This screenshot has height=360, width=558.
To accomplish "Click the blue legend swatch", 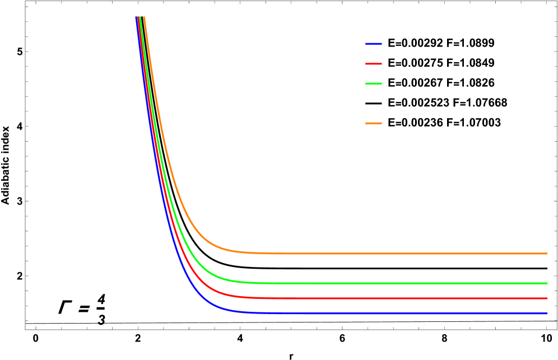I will [374, 44].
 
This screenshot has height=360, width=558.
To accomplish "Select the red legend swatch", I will [374, 64].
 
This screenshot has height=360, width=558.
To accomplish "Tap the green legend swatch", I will [374, 83].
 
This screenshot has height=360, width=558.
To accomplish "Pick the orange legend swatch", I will [374, 123].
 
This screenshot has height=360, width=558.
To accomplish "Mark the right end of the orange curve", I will [547, 253].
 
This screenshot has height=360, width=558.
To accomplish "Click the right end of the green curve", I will [547, 283].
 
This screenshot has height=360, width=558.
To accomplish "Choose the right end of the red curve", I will [547, 298].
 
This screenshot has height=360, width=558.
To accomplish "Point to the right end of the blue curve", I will [547, 313].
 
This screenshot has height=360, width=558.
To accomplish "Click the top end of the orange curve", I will [144, 18].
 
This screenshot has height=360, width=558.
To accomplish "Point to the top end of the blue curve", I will [137, 18].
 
